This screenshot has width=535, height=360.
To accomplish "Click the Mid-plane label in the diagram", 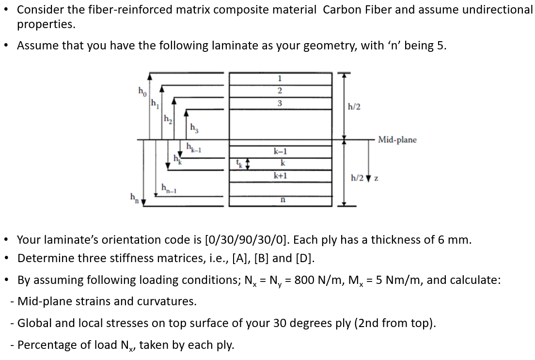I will (397, 140).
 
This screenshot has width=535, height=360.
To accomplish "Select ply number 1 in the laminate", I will (280, 78).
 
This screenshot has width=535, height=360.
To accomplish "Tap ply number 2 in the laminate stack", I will (280, 91).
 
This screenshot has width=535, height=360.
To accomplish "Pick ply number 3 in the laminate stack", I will (280, 103).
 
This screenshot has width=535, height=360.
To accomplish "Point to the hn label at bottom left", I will (132, 198).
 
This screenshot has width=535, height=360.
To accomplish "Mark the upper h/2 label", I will (354, 107).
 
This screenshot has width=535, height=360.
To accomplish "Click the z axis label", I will (376, 178).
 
